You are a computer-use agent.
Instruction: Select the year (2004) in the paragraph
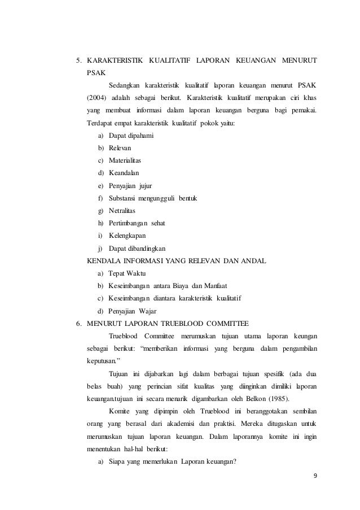click(x=95, y=98)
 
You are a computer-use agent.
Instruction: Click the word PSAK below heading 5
click(x=95, y=73)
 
